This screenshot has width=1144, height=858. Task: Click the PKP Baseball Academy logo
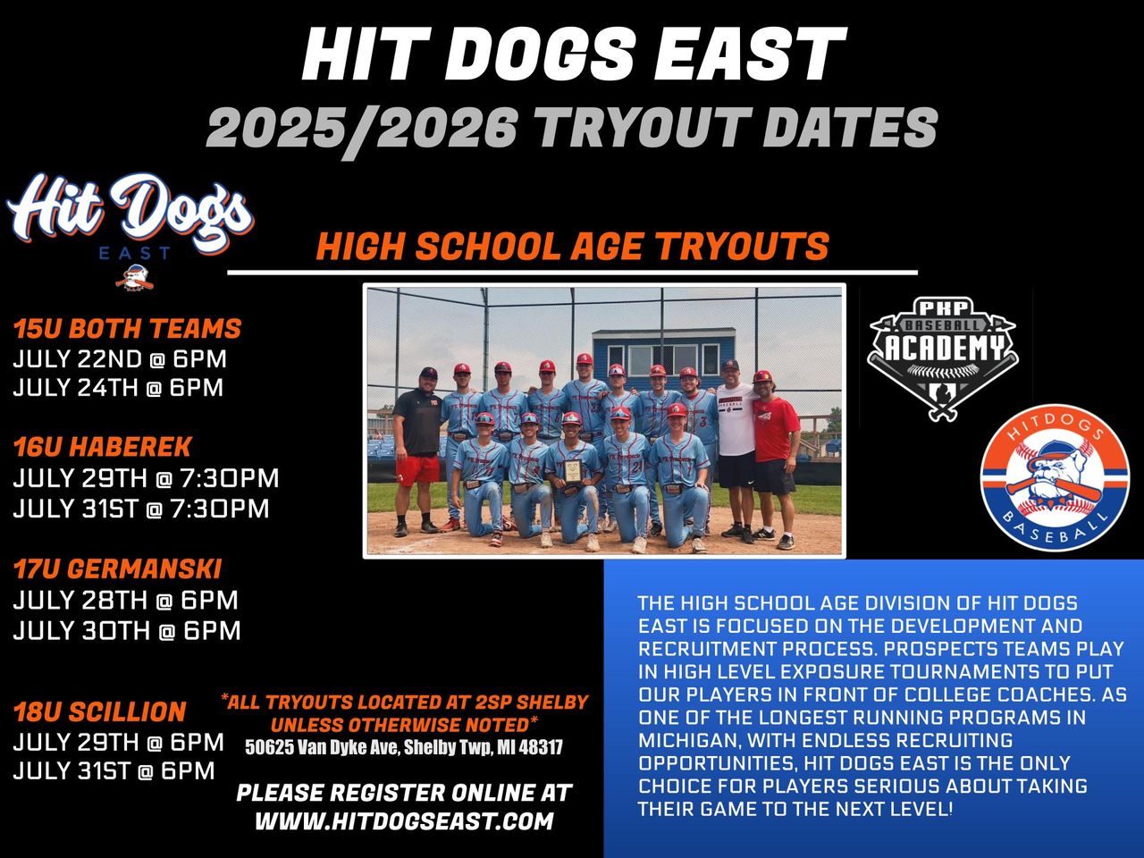942,359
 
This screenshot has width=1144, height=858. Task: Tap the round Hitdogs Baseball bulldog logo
1056,477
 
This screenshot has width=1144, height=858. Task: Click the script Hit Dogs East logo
130,229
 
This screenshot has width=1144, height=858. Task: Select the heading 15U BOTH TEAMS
127,328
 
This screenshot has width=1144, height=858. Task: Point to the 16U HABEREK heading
103,447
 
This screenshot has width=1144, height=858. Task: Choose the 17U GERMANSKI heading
117,568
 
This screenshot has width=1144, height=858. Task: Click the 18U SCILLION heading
99,711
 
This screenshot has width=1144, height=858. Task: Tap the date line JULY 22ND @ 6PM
120,359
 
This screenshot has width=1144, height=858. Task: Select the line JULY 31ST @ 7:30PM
140,509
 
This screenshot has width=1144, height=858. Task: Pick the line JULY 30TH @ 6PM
127,630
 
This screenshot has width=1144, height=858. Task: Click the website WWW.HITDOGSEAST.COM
404,821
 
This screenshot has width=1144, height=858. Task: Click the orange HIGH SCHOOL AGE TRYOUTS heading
572,246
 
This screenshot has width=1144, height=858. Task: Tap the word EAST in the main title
750,54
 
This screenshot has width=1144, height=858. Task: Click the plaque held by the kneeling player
572,471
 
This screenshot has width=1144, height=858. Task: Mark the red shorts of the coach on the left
417,469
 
